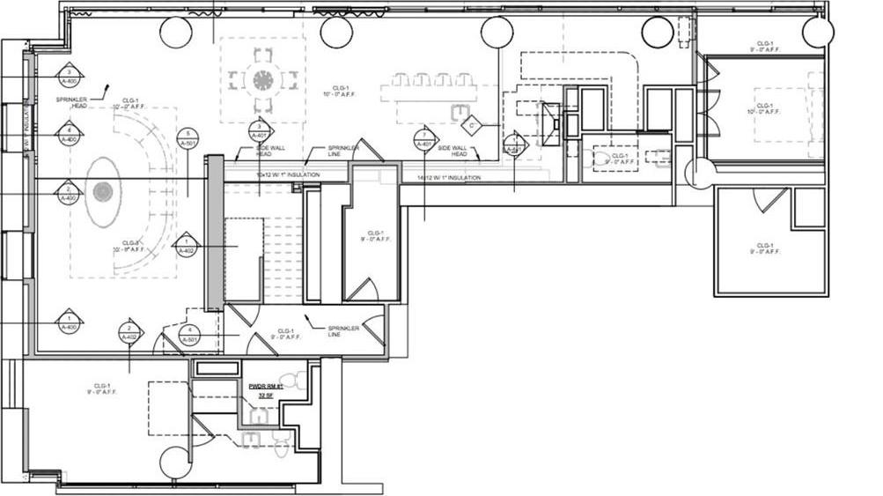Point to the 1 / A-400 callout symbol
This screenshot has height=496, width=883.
[69, 322]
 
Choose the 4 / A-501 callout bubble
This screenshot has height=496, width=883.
[188, 335]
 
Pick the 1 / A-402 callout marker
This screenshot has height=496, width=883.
[185, 246]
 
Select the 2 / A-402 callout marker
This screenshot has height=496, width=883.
[129, 331]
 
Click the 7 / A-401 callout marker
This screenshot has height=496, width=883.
[423, 138]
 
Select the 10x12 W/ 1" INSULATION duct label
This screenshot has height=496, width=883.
[288, 175]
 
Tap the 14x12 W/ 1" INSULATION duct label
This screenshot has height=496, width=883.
[449, 178]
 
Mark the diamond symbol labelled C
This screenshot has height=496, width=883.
[472, 126]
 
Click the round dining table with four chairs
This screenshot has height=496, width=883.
[262, 80]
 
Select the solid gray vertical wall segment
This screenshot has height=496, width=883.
[213, 233]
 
